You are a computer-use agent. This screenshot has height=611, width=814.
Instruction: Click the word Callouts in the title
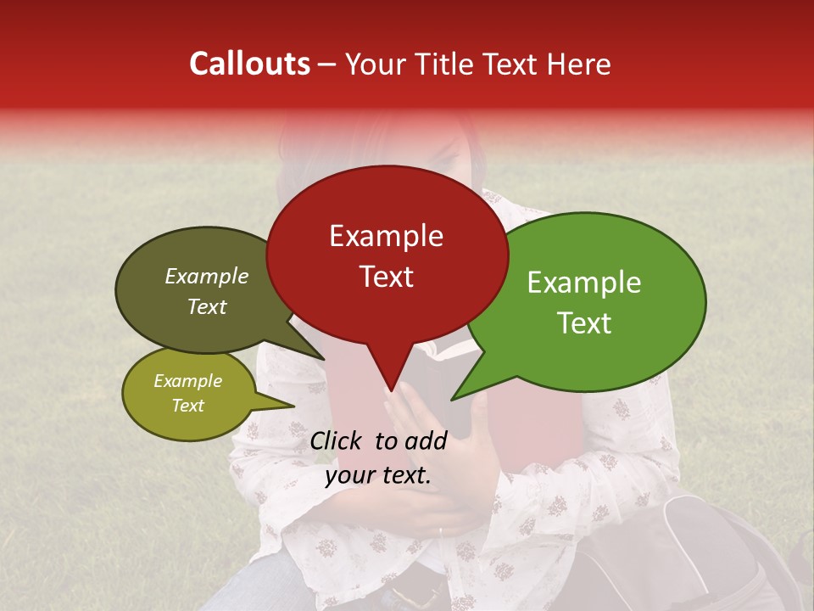[x=249, y=64]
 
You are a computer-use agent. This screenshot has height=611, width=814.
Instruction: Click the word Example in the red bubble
[x=386, y=236]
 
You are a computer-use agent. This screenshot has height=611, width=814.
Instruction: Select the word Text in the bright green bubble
[x=584, y=323]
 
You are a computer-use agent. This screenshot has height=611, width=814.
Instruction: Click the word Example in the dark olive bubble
[x=206, y=277]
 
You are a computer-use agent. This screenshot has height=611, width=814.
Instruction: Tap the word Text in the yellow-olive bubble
[x=187, y=406]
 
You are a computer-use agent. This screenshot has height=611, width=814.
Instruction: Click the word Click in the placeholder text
[x=337, y=440]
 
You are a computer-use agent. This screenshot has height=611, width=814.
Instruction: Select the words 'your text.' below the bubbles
[x=378, y=475]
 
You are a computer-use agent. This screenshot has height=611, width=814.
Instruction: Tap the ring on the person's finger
[x=439, y=531]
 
